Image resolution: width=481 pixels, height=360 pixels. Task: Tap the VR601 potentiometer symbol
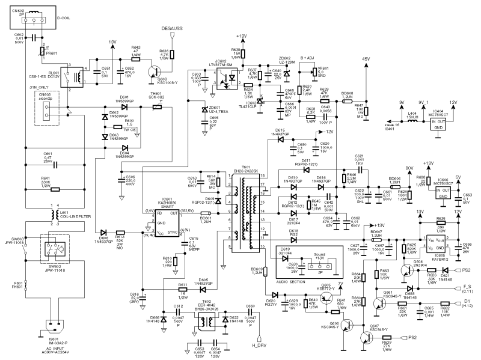click(x=313, y=73)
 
